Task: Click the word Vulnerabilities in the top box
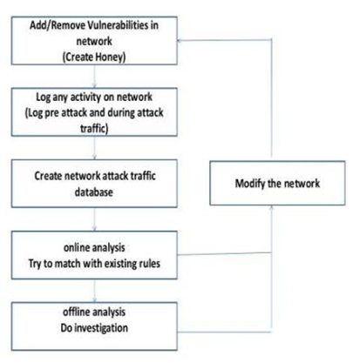point(119,25)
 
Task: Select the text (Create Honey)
point(94,57)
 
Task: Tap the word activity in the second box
point(86,97)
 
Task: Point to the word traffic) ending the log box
point(94,128)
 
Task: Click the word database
point(94,192)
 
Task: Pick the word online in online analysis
point(75,247)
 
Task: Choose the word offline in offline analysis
point(75,312)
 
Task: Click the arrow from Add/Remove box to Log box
point(94,76)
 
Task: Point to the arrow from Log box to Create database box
point(94,148)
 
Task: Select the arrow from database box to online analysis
point(94,219)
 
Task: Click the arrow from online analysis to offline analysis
point(94,291)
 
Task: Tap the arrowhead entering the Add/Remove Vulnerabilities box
point(180,40)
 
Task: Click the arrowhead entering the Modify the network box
point(271,207)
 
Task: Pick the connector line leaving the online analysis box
point(224,254)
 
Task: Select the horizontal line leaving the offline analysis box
point(224,332)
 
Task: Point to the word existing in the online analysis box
point(119,264)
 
